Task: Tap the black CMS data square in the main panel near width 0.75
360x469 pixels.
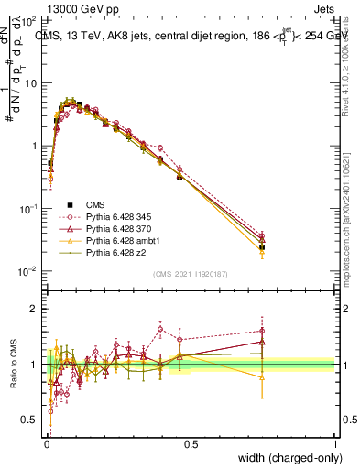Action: (x=262, y=247)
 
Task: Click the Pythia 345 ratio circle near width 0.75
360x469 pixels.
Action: (x=262, y=332)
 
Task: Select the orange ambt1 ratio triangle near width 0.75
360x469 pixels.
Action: (x=262, y=377)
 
